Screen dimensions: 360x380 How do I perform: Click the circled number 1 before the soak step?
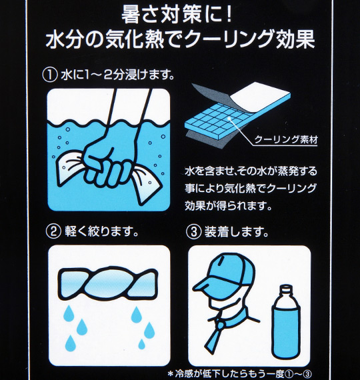(x=50, y=75)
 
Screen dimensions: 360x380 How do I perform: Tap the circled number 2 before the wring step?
(x=53, y=231)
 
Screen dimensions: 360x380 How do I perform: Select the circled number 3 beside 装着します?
(x=193, y=231)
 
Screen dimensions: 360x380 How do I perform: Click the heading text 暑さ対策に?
(x=177, y=15)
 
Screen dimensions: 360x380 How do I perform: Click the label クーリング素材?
(x=286, y=139)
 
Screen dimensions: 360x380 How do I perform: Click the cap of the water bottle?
(x=286, y=289)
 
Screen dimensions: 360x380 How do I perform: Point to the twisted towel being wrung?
(x=108, y=283)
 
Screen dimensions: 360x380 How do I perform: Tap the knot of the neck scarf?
(x=219, y=322)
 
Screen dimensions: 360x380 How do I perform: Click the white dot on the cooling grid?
(x=229, y=118)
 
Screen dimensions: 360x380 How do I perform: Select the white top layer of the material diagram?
(x=259, y=93)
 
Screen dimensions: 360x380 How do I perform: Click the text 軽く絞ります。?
(x=101, y=231)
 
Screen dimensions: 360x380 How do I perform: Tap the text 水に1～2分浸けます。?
(x=118, y=75)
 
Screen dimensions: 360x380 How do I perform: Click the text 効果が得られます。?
(x=228, y=206)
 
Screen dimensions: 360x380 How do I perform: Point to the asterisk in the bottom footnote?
(x=171, y=374)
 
